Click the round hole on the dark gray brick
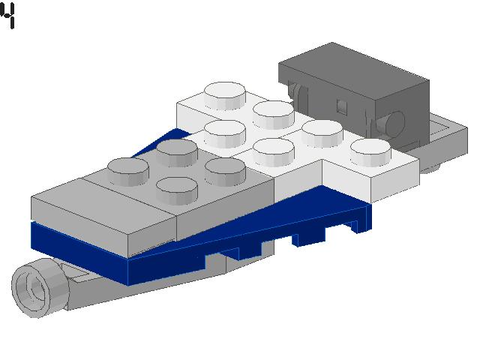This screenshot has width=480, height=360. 394,120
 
